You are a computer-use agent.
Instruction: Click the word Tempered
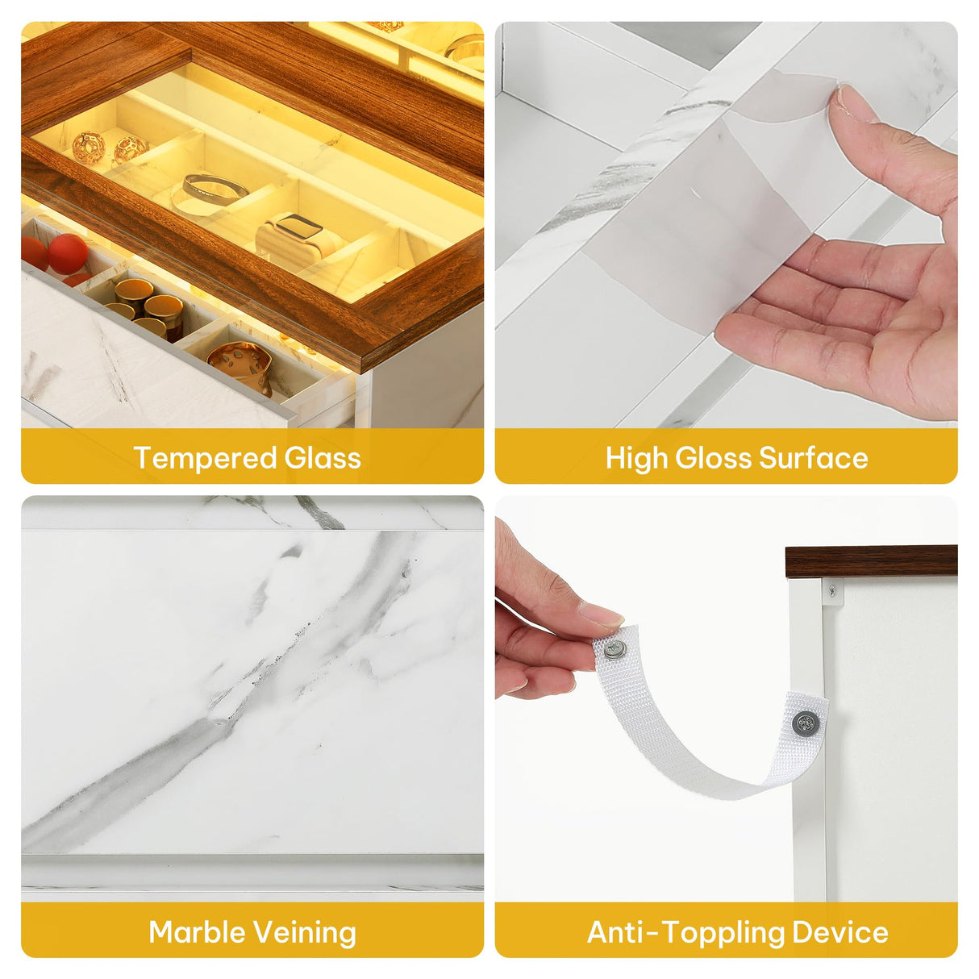(204, 458)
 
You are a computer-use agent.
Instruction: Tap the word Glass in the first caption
(322, 457)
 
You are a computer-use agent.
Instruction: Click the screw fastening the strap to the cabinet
(806, 723)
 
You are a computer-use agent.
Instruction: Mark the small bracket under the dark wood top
(832, 592)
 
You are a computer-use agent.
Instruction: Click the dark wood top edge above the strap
(871, 562)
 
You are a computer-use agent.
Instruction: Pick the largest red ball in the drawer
(68, 253)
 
